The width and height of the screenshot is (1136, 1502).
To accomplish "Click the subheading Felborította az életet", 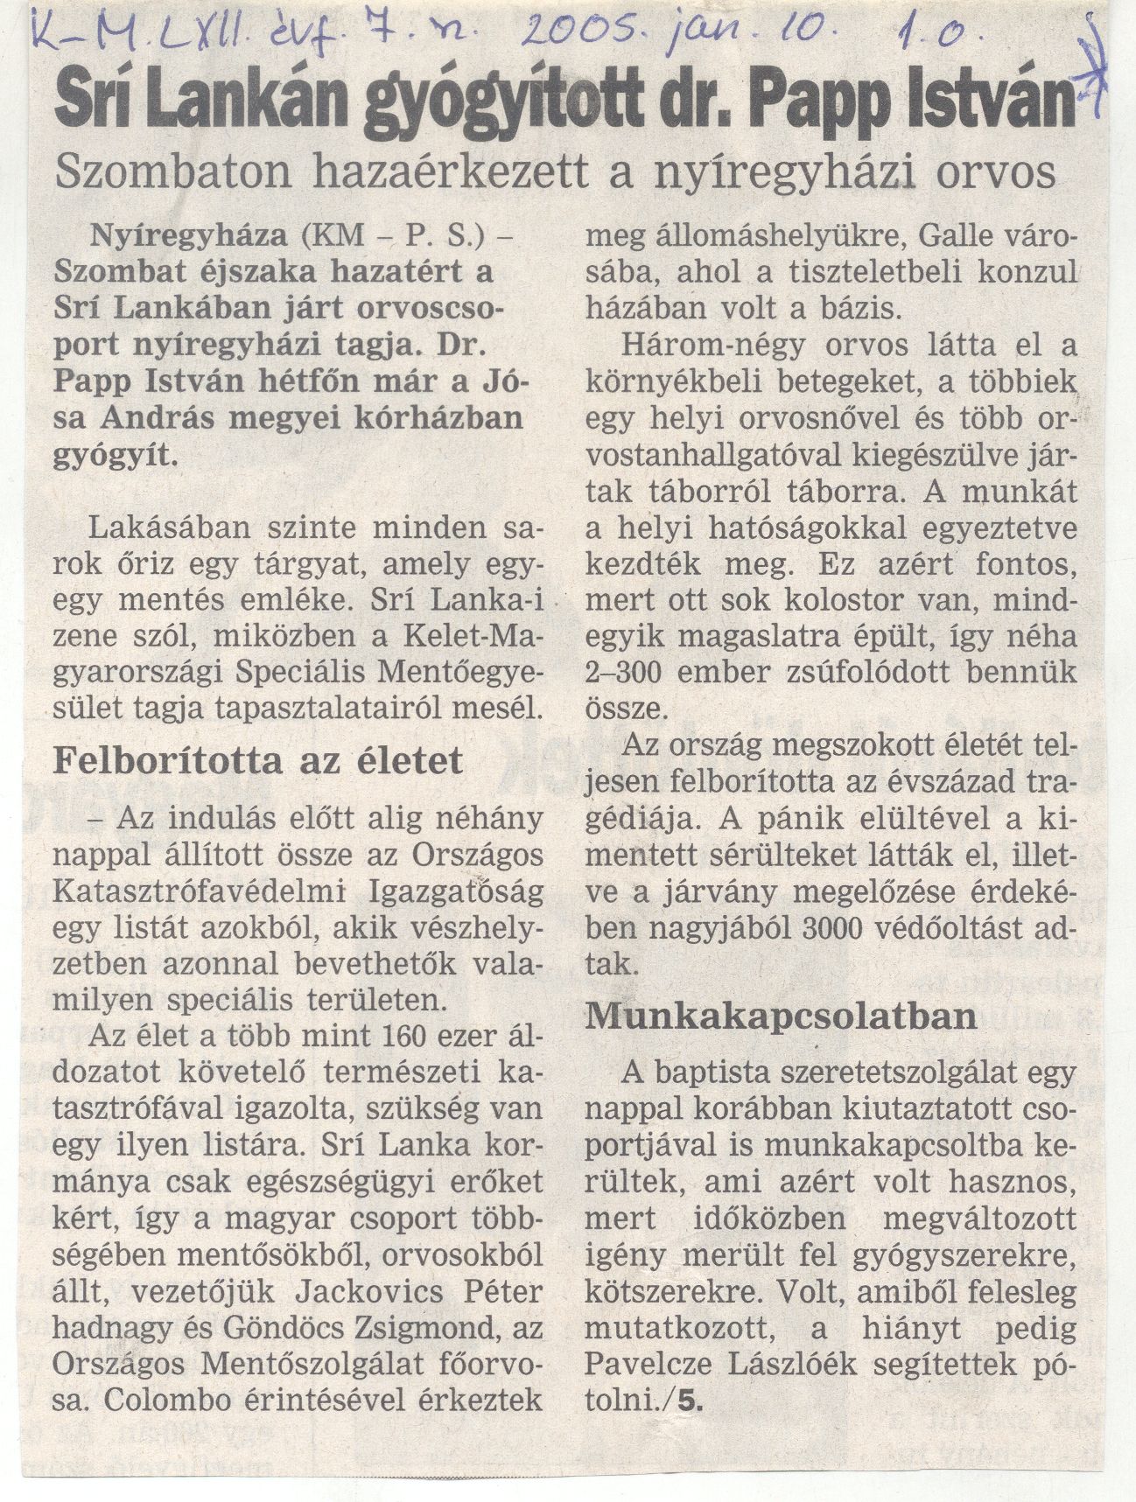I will click(x=257, y=760).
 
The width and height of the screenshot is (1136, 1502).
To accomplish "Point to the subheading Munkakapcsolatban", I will click(x=782, y=1015).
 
